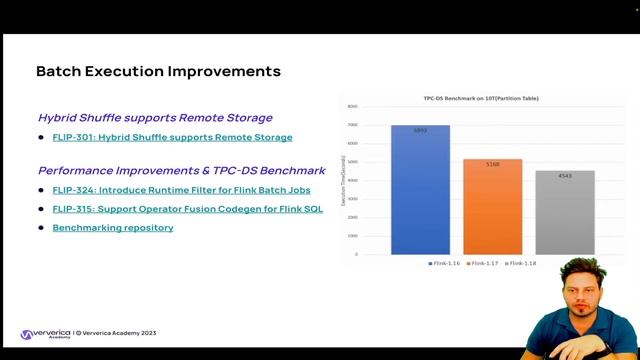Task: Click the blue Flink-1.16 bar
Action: click(x=420, y=190)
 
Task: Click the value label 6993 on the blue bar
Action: click(x=420, y=131)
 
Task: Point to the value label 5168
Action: click(x=492, y=165)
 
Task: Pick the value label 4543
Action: click(x=565, y=176)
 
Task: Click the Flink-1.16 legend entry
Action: click(x=444, y=262)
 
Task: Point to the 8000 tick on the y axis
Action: click(x=352, y=107)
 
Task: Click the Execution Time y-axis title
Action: click(x=343, y=180)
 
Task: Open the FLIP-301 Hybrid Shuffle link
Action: click(x=172, y=137)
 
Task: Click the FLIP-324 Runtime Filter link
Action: click(x=181, y=190)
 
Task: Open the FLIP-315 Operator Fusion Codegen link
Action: click(x=187, y=209)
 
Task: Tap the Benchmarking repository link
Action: click(x=113, y=228)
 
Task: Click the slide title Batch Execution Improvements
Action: click(x=158, y=71)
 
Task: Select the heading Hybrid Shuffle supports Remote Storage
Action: click(x=155, y=118)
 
